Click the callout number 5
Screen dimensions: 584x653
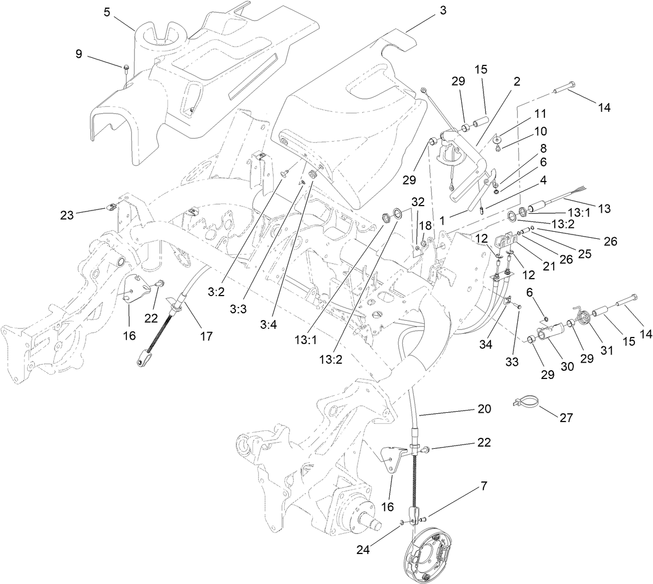(107, 11)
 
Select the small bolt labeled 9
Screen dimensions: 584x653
(126, 68)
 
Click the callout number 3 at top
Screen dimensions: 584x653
(442, 11)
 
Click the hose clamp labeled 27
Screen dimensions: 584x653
(525, 404)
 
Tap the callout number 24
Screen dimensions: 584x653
(364, 550)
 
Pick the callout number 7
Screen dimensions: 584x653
(484, 485)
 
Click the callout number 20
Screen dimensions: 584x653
(484, 408)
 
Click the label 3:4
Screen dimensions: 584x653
(268, 324)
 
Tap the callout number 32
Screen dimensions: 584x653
(418, 201)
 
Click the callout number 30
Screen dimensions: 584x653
(567, 367)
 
